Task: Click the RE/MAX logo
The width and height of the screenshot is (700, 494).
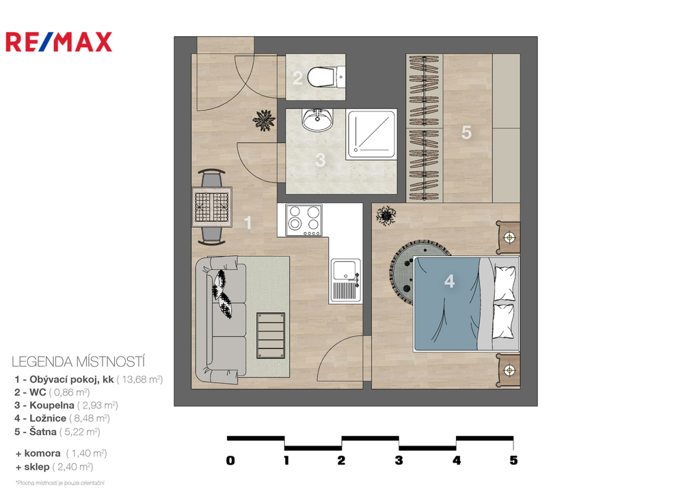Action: click(59, 42)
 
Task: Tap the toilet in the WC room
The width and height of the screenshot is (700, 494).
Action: click(326, 77)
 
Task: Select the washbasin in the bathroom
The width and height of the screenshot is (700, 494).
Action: click(317, 120)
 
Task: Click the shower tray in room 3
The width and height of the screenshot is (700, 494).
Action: click(371, 135)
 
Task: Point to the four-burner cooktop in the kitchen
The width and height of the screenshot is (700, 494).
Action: click(304, 220)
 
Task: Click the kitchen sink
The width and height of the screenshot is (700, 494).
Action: click(345, 279)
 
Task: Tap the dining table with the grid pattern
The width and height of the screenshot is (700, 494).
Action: click(212, 207)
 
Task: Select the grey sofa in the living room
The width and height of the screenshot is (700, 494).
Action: click(221, 320)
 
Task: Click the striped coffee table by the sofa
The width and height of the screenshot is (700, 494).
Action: click(271, 335)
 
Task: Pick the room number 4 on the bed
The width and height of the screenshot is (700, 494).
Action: click(450, 281)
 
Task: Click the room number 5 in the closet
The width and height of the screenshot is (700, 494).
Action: click(466, 133)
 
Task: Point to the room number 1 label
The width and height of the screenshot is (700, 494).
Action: click(248, 223)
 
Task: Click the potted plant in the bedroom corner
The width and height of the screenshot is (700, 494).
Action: click(386, 215)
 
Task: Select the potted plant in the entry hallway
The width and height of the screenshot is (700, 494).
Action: click(263, 120)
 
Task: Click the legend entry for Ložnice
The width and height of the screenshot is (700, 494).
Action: click(62, 419)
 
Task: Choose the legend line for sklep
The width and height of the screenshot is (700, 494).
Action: click(55, 467)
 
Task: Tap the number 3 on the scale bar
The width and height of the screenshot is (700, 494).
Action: click(399, 461)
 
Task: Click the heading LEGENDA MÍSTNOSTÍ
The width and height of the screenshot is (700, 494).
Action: click(79, 361)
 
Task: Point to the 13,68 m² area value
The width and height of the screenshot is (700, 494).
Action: click(140, 380)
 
